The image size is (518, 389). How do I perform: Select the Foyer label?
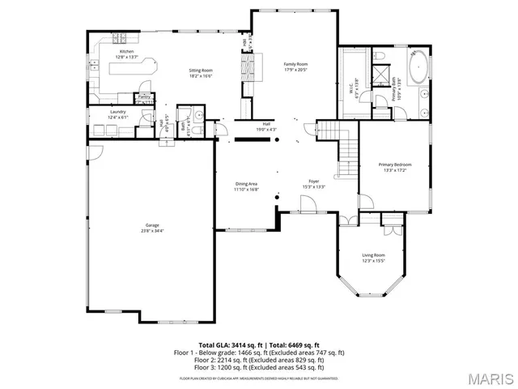[x=314, y=181]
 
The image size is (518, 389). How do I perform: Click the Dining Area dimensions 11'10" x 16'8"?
[x=246, y=189]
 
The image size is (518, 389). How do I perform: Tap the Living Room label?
[x=373, y=254]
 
